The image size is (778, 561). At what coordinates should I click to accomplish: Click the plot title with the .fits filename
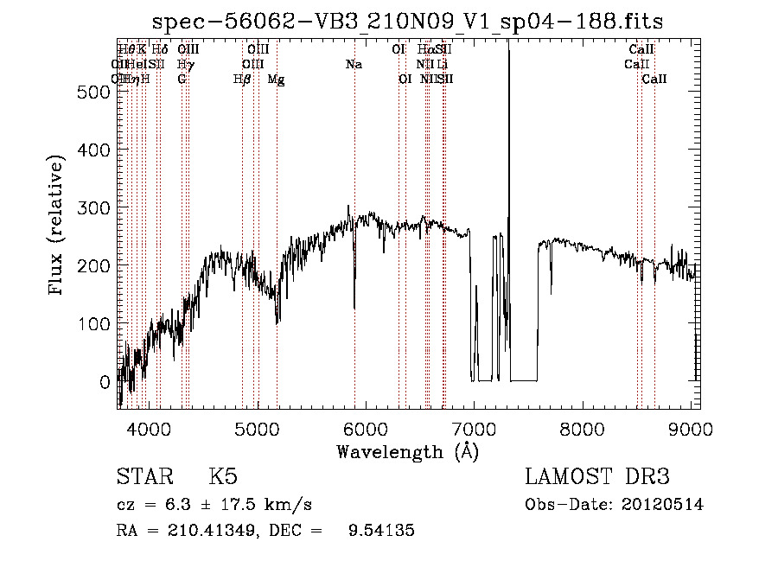[407, 22]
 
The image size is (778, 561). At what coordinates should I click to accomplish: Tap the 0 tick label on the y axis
[105, 381]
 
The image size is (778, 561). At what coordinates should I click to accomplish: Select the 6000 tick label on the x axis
[365, 428]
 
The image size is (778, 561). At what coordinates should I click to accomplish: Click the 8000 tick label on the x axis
[583, 428]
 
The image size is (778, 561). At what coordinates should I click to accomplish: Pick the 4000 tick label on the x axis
[148, 428]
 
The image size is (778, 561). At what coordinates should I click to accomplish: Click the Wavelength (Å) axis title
[408, 451]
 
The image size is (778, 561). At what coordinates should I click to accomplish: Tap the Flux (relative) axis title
[58, 226]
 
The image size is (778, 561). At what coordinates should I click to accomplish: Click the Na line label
[354, 64]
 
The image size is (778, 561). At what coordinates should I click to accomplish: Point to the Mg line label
[276, 80]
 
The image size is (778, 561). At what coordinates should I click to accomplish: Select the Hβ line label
[242, 80]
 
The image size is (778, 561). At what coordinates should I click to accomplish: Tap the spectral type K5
[223, 477]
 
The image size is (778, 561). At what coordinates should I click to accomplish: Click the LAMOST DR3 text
[597, 477]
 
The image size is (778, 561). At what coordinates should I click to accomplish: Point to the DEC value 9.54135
[380, 531]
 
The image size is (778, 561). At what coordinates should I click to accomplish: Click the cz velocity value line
[214, 505]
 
